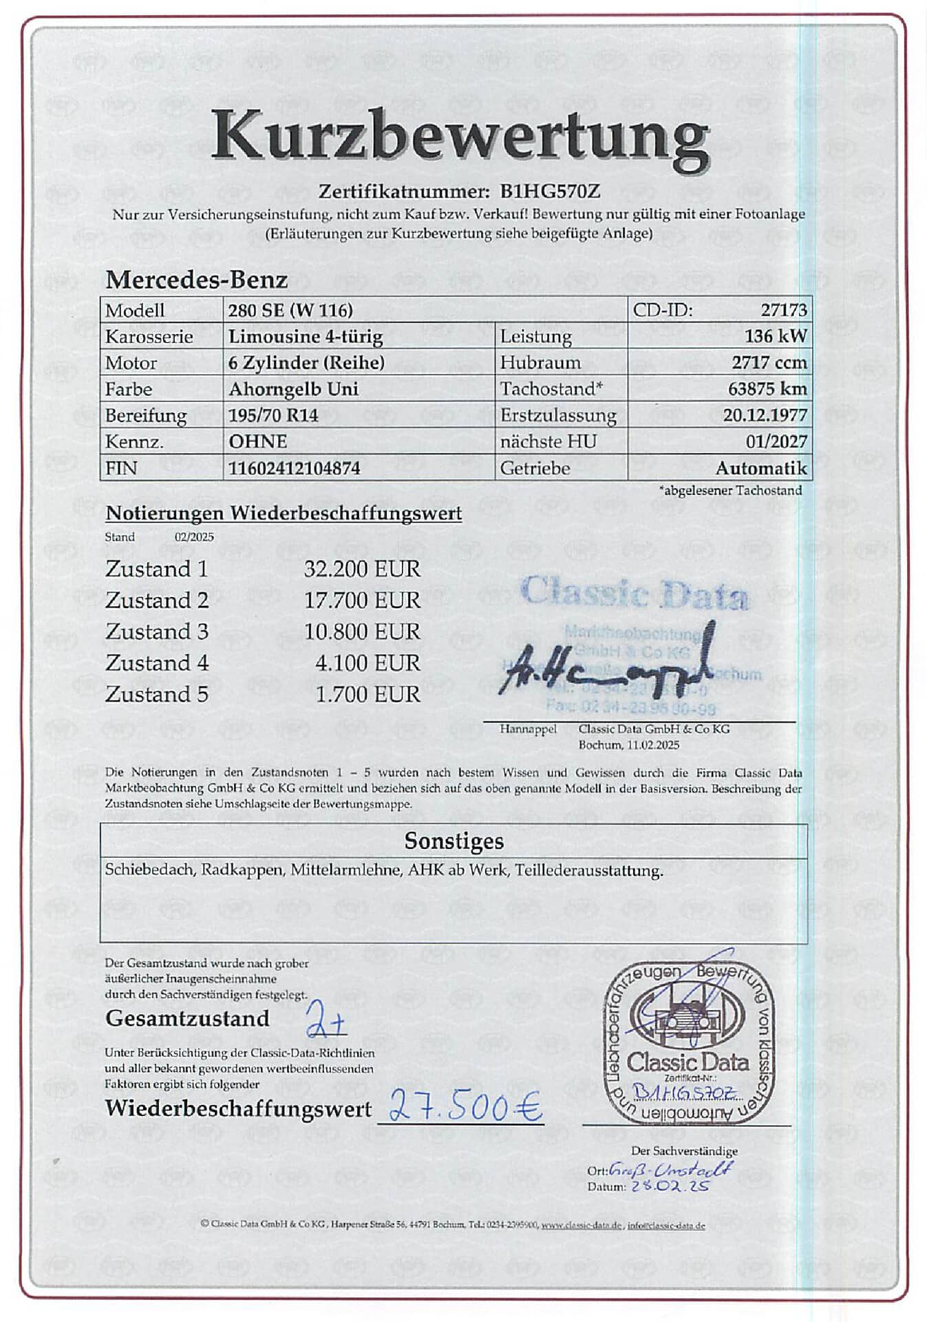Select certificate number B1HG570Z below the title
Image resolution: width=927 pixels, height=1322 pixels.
pyautogui.click(x=550, y=191)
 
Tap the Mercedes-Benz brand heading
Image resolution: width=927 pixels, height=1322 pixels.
pyautogui.click(x=196, y=280)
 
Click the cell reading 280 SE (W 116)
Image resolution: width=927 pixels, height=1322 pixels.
pyautogui.click(x=290, y=311)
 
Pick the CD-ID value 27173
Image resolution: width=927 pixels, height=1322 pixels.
pyautogui.click(x=783, y=311)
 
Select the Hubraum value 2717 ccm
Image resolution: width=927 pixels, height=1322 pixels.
pyautogui.click(x=769, y=363)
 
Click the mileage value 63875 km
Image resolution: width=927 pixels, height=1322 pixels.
pyautogui.click(x=767, y=389)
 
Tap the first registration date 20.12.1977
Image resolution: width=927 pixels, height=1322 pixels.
pyautogui.click(x=765, y=415)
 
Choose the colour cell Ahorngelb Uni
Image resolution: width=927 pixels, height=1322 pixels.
pyautogui.click(x=293, y=389)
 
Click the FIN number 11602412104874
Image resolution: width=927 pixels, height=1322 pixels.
pyautogui.click(x=294, y=468)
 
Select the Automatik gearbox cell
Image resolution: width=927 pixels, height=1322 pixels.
pyautogui.click(x=760, y=468)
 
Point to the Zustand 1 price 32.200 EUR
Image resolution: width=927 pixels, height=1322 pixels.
pyautogui.click(x=362, y=569)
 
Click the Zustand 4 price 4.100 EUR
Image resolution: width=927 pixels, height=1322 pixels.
pyautogui.click(x=367, y=663)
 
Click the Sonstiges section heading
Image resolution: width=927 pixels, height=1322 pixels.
pyautogui.click(x=454, y=841)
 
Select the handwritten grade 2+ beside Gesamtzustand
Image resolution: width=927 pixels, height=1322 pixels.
pyautogui.click(x=326, y=1020)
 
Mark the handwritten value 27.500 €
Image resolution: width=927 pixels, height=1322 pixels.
pyautogui.click(x=465, y=1106)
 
